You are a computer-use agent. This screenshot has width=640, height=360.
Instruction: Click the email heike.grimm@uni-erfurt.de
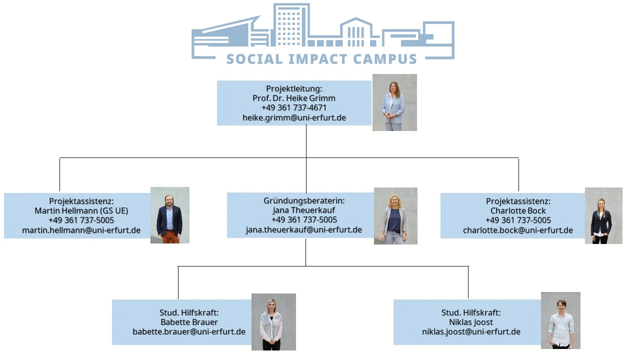point(294,118)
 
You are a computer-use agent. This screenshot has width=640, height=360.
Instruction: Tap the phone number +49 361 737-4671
point(294,107)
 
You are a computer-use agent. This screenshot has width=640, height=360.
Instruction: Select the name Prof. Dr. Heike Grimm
point(294,98)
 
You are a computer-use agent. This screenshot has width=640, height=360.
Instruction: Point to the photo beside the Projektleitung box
point(394,102)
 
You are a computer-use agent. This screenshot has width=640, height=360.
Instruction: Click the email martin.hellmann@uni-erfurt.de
point(81,230)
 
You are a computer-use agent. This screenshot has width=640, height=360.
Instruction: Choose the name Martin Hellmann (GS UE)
point(81,210)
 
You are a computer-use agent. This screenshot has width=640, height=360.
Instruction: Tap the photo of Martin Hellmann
point(170,215)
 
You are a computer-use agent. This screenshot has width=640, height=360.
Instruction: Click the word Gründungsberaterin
point(303,200)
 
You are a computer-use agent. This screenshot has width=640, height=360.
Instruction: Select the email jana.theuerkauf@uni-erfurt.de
point(303,229)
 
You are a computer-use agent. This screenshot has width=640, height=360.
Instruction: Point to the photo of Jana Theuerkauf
point(395,216)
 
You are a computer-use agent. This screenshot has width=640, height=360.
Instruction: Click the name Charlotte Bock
point(518,210)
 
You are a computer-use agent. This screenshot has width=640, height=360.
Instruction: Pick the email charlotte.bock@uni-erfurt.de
point(518,230)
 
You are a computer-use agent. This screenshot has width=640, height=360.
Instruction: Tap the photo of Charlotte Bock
point(603,216)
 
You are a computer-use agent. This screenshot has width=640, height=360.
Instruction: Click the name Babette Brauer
point(189,322)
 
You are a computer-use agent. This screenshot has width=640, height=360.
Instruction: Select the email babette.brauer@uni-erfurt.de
point(189,331)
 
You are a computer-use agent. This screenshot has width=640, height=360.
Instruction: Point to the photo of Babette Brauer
point(273,322)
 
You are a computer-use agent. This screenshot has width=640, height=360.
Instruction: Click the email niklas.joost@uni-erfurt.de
point(471,331)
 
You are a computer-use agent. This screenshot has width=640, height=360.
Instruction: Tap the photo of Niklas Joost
point(560,320)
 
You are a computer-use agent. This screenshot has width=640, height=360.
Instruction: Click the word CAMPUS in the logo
point(385,58)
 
